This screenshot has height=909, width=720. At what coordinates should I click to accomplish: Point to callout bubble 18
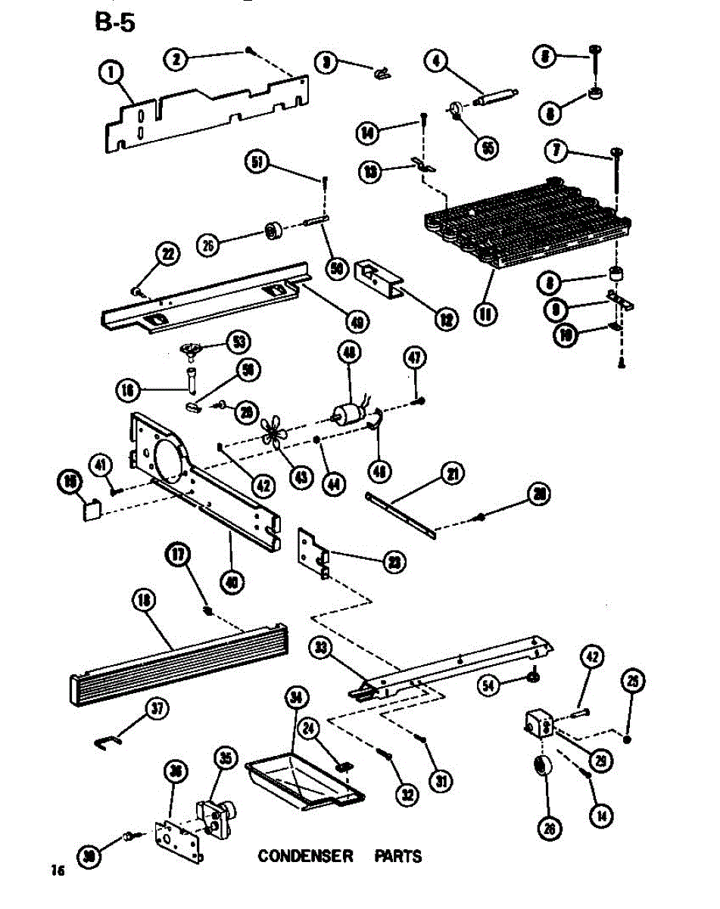[x=142, y=601]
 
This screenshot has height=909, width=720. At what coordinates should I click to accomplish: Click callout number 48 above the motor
[x=351, y=353]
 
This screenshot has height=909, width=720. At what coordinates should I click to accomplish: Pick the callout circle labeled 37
[x=157, y=709]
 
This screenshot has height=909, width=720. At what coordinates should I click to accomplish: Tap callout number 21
[x=452, y=475]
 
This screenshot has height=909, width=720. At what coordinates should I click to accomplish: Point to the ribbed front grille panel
[x=178, y=665]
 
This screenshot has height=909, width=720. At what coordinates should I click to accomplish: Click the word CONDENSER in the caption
[x=305, y=857]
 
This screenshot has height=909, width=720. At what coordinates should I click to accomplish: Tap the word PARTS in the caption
[x=398, y=857]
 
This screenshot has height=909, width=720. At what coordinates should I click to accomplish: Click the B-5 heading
[x=115, y=23]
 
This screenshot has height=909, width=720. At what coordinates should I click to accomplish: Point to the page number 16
[x=57, y=870]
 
